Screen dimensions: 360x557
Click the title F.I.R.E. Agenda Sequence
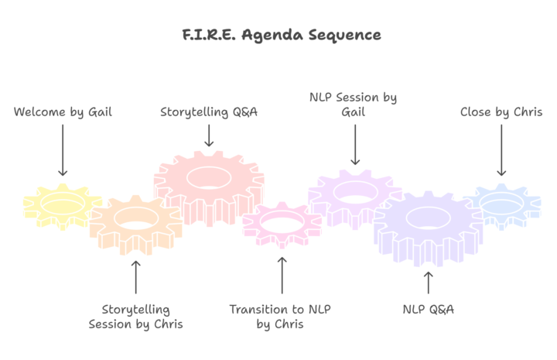click(279, 35)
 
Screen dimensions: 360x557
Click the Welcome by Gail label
click(63, 112)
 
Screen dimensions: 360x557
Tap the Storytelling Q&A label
click(209, 112)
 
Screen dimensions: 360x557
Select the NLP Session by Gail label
click(353, 105)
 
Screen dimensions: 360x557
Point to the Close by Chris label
click(501, 112)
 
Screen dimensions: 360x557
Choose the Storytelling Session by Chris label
click(135, 317)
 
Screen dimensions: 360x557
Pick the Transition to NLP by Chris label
click(280, 317)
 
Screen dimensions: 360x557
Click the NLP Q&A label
click(429, 310)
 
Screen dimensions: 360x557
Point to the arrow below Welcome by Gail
click(63, 152)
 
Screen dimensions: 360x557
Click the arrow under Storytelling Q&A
click(209, 135)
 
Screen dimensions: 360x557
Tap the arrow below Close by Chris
click(501, 151)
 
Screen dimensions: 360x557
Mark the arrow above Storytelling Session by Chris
click(136, 276)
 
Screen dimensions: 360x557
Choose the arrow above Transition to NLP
click(282, 275)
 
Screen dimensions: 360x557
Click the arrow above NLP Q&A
click(429, 283)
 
